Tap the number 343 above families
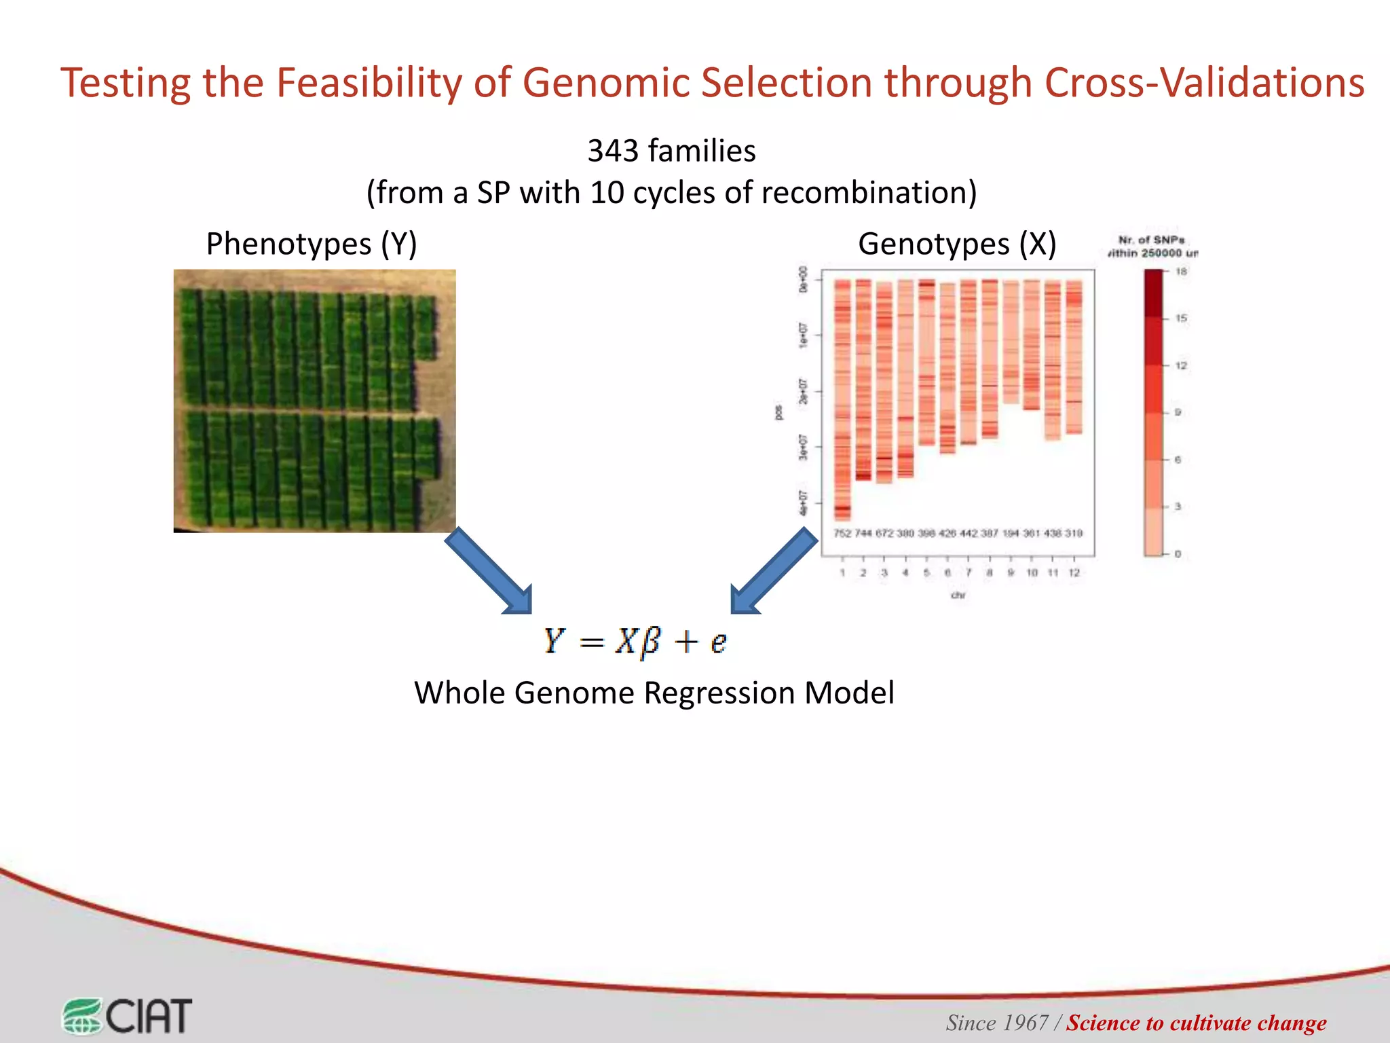point(612,151)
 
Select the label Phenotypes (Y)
point(312,244)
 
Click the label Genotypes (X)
point(957,244)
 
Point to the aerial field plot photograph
point(314,401)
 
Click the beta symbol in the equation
point(650,641)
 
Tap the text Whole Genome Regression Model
point(654,693)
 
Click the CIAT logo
point(128,1016)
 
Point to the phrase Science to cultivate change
point(1196,1023)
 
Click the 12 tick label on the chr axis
point(1074,573)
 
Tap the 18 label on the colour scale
point(1181,272)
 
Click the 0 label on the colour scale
point(1178,554)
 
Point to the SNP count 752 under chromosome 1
point(842,533)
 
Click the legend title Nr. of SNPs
point(1152,240)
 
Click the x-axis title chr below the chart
point(958,596)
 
